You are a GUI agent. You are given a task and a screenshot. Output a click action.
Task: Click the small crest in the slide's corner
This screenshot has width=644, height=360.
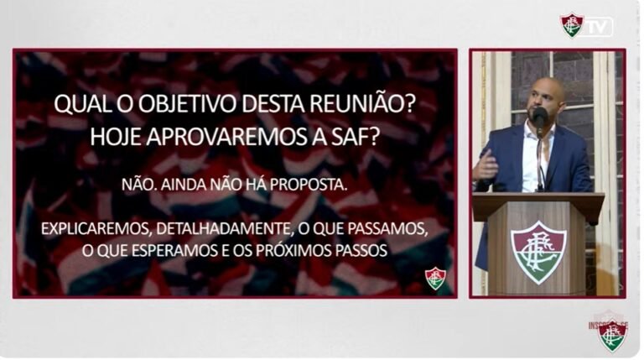coord(435,278)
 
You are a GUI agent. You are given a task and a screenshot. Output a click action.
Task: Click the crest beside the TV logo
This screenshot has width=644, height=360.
coord(573,25)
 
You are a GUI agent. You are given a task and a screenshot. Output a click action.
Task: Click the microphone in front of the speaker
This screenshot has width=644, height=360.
coord(540,117)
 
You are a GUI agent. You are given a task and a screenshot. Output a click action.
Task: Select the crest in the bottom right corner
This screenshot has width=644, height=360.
coord(613,336)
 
